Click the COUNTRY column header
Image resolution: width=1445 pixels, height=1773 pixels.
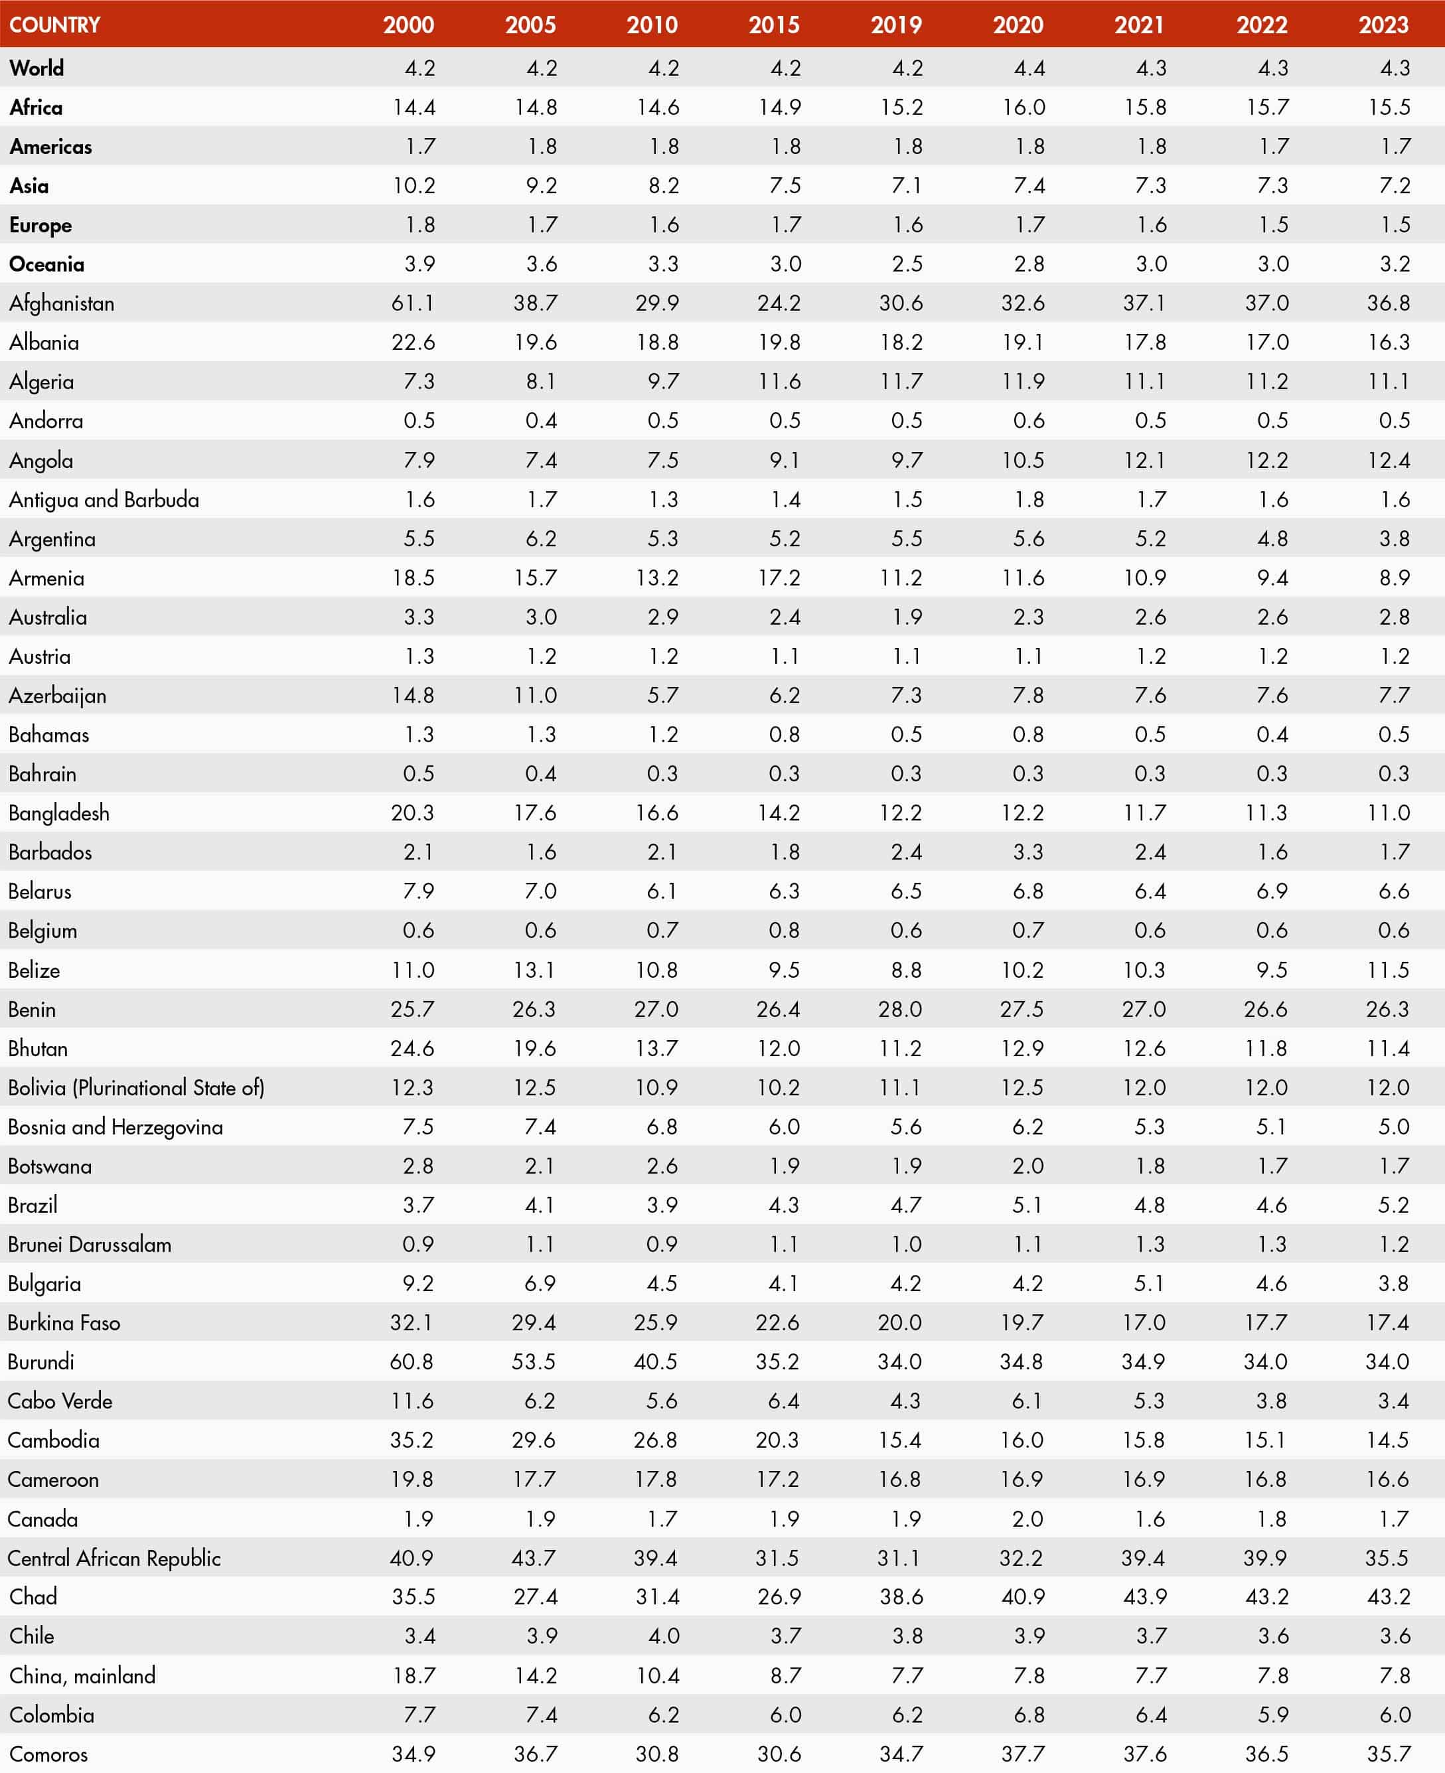[x=55, y=24]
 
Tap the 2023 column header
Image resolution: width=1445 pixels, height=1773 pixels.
[x=1383, y=24]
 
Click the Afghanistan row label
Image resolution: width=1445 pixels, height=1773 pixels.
[x=62, y=303]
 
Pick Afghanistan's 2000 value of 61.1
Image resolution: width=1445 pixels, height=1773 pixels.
[x=413, y=303]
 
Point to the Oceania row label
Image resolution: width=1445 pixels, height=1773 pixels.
[x=46, y=264]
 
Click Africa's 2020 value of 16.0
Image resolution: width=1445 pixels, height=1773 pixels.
[x=1023, y=108]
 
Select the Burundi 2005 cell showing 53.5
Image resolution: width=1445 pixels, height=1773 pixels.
[x=534, y=1362]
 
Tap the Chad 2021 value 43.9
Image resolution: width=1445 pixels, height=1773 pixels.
[x=1144, y=1597]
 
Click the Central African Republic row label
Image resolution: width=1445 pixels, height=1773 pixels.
[x=114, y=1558]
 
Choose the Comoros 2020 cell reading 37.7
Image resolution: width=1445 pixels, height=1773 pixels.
[x=1023, y=1754]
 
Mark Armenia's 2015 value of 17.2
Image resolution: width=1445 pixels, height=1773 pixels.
[x=779, y=578]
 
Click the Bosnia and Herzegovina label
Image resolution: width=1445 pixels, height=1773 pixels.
[x=115, y=1127]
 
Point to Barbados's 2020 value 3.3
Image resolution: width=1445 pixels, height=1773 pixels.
[x=1028, y=852]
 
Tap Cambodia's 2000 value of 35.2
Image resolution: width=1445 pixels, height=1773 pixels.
[x=412, y=1440]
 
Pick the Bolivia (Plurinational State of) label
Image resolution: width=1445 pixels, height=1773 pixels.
[x=137, y=1088]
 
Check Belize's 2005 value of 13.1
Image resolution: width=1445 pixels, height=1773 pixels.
[x=534, y=970]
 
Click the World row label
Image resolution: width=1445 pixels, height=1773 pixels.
[x=37, y=68]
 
